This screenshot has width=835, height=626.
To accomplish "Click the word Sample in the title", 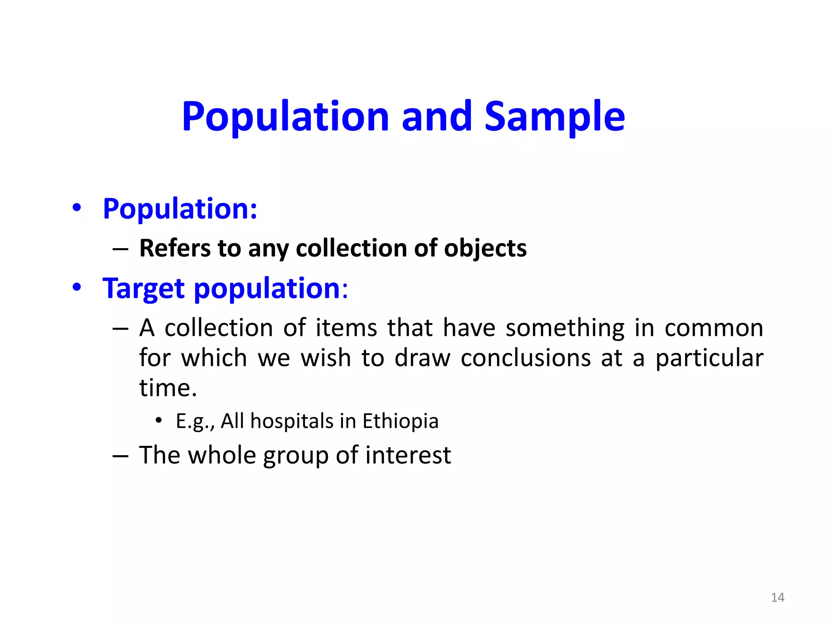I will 554,117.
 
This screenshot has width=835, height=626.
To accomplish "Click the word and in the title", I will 437,117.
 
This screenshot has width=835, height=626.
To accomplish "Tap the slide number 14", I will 778,597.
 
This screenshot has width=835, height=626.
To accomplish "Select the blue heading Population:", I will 180,209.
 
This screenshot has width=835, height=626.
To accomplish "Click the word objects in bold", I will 485,249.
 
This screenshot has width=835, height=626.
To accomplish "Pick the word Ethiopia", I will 400,421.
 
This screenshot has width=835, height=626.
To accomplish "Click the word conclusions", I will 526,359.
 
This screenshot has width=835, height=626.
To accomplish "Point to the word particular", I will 709,359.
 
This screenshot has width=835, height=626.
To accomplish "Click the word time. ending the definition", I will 168,388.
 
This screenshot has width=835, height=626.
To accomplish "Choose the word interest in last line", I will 408,455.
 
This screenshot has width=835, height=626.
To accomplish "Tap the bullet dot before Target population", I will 77,287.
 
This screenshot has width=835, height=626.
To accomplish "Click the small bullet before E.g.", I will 159,420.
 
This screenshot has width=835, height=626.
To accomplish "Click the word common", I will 714,328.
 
